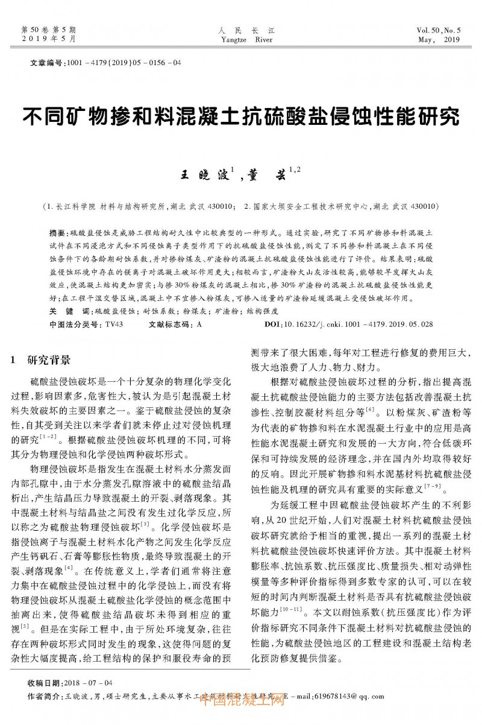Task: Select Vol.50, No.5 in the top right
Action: [x=438, y=30]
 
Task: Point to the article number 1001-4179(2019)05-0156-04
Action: [x=121, y=62]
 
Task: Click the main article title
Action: [x=240, y=116]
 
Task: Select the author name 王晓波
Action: [x=203, y=176]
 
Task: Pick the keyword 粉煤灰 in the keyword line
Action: [x=192, y=311]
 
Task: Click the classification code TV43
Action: [x=114, y=324]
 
